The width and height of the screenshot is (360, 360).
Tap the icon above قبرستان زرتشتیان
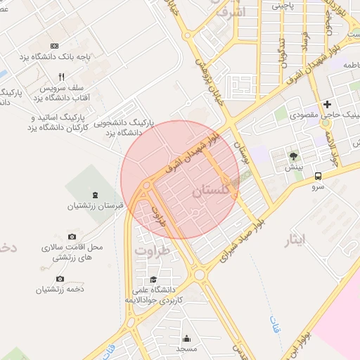coord(96,194)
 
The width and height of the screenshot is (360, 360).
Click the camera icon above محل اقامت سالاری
coord(72,237)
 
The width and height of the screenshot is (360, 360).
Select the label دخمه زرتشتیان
coord(61,289)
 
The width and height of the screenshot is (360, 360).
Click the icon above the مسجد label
coord(187,337)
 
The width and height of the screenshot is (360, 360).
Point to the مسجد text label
coord(187,349)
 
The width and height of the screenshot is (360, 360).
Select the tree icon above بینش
coord(293,156)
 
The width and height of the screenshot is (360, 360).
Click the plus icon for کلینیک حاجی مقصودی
coord(327,104)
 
